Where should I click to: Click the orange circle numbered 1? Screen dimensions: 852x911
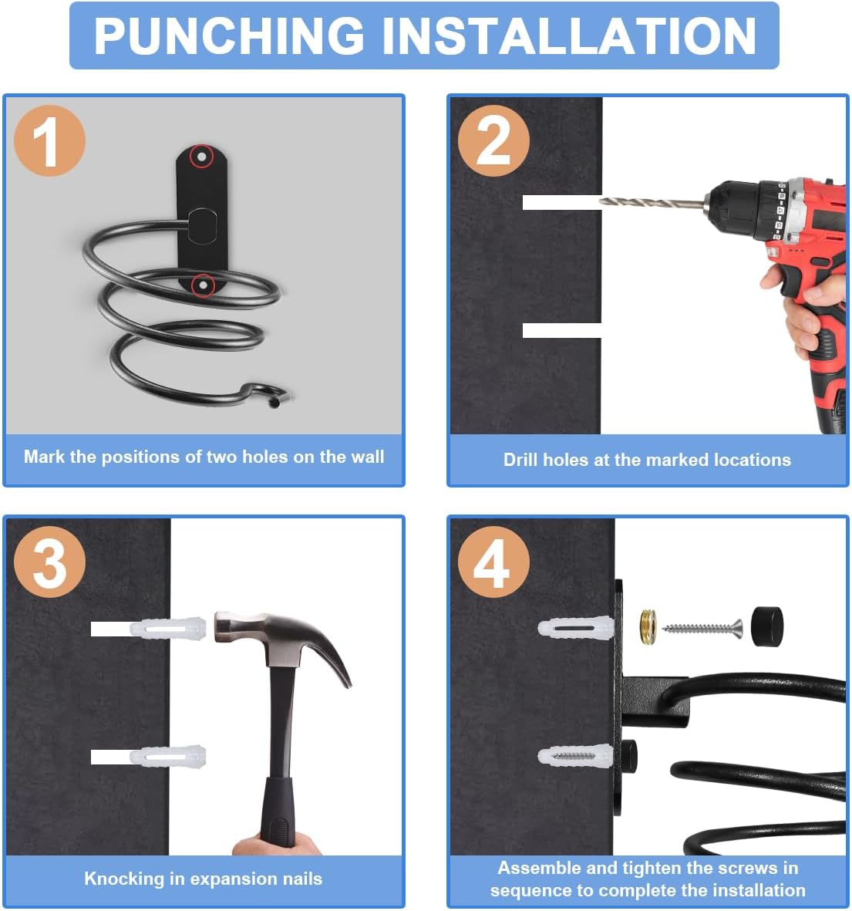(x=49, y=140)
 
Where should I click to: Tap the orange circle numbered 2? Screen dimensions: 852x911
(x=493, y=140)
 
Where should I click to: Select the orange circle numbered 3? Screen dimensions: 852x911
(x=49, y=562)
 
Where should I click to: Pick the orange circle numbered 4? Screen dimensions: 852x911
(x=493, y=562)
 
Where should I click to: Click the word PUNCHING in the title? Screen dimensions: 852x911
(x=230, y=36)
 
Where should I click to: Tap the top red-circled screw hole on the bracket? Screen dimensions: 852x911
(x=201, y=157)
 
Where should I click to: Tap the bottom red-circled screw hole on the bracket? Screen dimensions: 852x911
(x=203, y=285)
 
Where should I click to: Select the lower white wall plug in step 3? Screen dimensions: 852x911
(x=167, y=757)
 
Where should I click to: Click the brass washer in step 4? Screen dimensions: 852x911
(x=648, y=626)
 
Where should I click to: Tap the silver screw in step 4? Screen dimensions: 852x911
(x=702, y=628)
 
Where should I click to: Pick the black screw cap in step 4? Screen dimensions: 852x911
(x=766, y=626)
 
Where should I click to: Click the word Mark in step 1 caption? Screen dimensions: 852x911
(x=43, y=457)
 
